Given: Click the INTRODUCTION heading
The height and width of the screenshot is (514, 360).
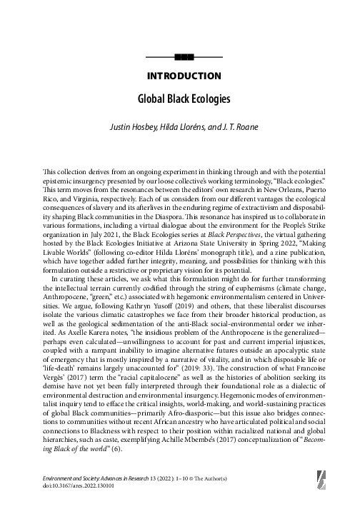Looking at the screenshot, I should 184,76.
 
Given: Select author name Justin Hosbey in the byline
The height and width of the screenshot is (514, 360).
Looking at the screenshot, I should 149,131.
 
